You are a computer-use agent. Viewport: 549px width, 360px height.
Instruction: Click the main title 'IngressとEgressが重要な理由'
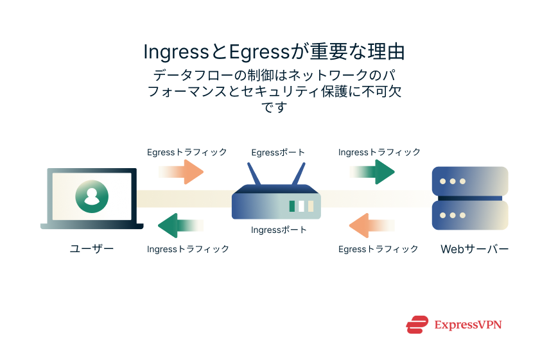pyautogui.click(x=274, y=51)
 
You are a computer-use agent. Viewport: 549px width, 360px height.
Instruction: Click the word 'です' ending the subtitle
pyautogui.click(x=274, y=107)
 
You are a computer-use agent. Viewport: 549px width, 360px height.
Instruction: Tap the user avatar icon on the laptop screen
pyautogui.click(x=91, y=196)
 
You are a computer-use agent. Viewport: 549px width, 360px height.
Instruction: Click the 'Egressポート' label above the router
pyautogui.click(x=278, y=153)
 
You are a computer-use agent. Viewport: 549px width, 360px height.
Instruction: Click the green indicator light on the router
pyautogui.click(x=292, y=206)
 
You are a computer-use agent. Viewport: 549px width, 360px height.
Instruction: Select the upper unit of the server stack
pyautogui.click(x=469, y=181)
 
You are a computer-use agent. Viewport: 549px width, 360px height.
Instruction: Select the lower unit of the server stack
pyautogui.click(x=469, y=215)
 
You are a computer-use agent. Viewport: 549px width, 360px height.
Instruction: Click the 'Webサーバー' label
pyautogui.click(x=475, y=249)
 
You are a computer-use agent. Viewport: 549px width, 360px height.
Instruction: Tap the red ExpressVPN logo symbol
pyautogui.click(x=417, y=325)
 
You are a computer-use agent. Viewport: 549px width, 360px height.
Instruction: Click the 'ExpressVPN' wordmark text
pyautogui.click(x=467, y=325)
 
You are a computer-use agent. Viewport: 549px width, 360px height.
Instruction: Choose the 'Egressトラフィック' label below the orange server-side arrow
pyautogui.click(x=378, y=249)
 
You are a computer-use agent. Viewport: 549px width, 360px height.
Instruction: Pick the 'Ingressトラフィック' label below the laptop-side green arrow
pyautogui.click(x=188, y=249)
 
